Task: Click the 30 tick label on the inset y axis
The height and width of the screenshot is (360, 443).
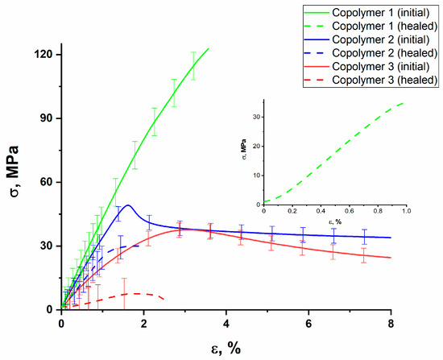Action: (257, 118)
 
